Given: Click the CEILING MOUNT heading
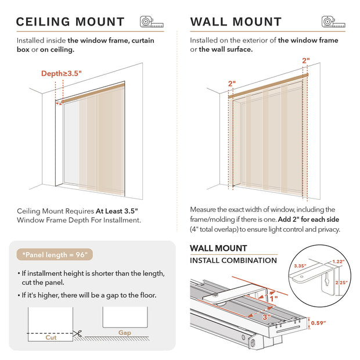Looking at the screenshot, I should (x=70, y=22).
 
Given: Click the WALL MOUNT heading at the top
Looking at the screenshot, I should (x=236, y=22).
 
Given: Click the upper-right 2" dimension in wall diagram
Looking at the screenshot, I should (x=306, y=60).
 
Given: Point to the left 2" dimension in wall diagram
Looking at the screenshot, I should (x=232, y=83).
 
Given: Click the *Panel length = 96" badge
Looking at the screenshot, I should (x=57, y=254).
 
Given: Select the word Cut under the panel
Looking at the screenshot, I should (x=51, y=337).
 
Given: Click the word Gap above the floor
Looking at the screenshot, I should (x=124, y=333).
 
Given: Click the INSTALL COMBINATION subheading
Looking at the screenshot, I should (x=233, y=260).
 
